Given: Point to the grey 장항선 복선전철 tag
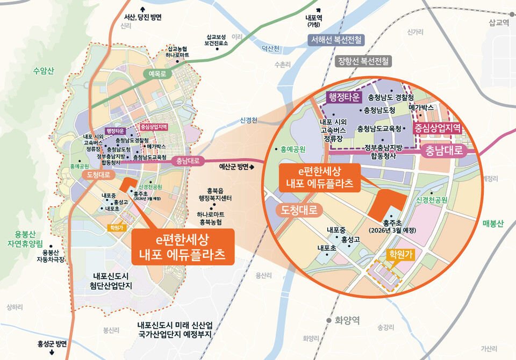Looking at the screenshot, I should tap(364, 61).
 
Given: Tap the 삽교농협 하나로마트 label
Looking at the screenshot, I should tap(177, 52).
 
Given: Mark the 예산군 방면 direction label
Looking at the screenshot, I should tap(236, 167).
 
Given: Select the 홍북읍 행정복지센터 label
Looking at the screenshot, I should tap(214, 194).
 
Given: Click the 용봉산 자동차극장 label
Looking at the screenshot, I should tap(50, 256).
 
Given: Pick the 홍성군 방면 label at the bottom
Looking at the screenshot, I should tap(52, 344).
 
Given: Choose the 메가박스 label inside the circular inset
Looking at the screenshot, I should tap(421, 108).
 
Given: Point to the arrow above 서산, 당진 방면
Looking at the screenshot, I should tap(142, 9).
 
